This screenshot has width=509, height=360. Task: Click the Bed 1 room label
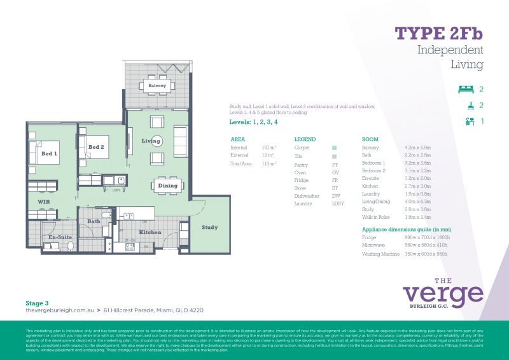point(49,154)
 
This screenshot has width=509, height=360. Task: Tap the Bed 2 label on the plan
point(95,147)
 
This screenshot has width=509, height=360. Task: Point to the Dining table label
point(167,186)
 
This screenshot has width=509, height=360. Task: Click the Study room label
point(209,227)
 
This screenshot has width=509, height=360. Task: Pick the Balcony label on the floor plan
point(157,85)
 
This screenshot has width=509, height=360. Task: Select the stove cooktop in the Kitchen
point(130,247)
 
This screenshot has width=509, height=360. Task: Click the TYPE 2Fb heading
point(439,33)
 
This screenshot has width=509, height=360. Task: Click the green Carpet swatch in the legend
point(335,147)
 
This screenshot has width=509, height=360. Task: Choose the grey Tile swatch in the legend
point(335,155)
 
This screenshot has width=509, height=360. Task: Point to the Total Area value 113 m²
point(269,164)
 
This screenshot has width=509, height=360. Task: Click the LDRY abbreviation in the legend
point(337,204)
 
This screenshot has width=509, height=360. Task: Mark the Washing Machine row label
point(381,254)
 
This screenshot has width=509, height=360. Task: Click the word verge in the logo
point(443,294)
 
